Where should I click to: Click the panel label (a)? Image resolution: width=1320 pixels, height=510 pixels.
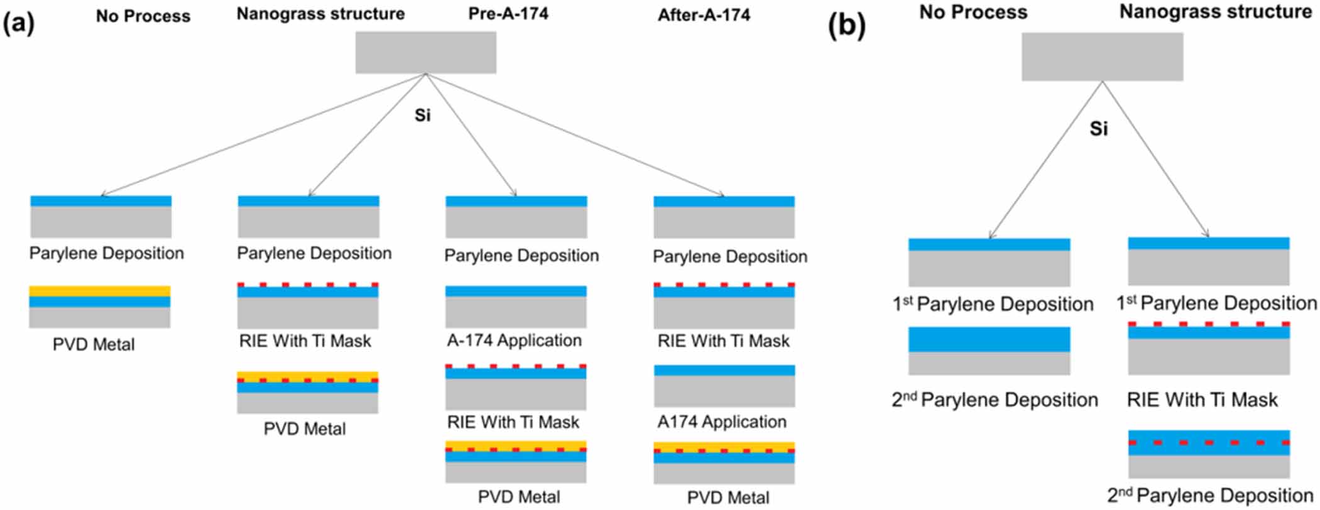coord(19,23)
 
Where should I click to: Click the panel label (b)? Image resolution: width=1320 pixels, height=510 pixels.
coord(846,26)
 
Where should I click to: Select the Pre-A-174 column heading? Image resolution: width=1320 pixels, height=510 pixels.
coord(508,14)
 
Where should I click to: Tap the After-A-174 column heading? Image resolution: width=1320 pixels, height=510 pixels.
coord(704,15)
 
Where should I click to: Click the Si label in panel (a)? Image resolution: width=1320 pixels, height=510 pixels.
coord(422,116)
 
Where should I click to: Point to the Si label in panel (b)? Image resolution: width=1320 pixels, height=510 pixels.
coord(1098,129)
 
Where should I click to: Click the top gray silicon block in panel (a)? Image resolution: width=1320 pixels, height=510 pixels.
coord(425,53)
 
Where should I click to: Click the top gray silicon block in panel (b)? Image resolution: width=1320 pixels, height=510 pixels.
coord(1102,57)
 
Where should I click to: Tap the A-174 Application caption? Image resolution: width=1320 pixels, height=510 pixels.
coord(514,340)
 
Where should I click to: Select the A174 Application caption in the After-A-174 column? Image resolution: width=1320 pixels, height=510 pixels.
coord(721,421)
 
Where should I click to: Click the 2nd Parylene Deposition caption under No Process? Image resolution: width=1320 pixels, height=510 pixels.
coord(995,399)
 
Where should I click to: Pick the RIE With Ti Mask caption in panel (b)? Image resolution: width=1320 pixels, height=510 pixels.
coord(1202,399)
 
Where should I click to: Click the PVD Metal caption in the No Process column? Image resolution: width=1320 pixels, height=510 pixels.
coord(94,344)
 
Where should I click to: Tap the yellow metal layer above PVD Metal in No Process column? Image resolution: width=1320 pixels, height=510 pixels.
coord(99,291)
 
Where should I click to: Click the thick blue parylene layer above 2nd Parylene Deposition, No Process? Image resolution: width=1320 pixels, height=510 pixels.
coord(989,339)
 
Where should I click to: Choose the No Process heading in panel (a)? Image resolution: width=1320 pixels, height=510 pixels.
coord(143,16)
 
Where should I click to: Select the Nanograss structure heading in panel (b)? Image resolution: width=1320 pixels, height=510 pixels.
coord(1215,12)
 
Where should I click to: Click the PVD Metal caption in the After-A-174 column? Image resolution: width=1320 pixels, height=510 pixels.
coord(728,498)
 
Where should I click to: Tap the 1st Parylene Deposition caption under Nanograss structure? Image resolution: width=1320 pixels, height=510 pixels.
coord(1216,303)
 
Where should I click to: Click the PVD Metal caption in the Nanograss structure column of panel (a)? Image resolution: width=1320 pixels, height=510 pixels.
coord(304,429)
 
